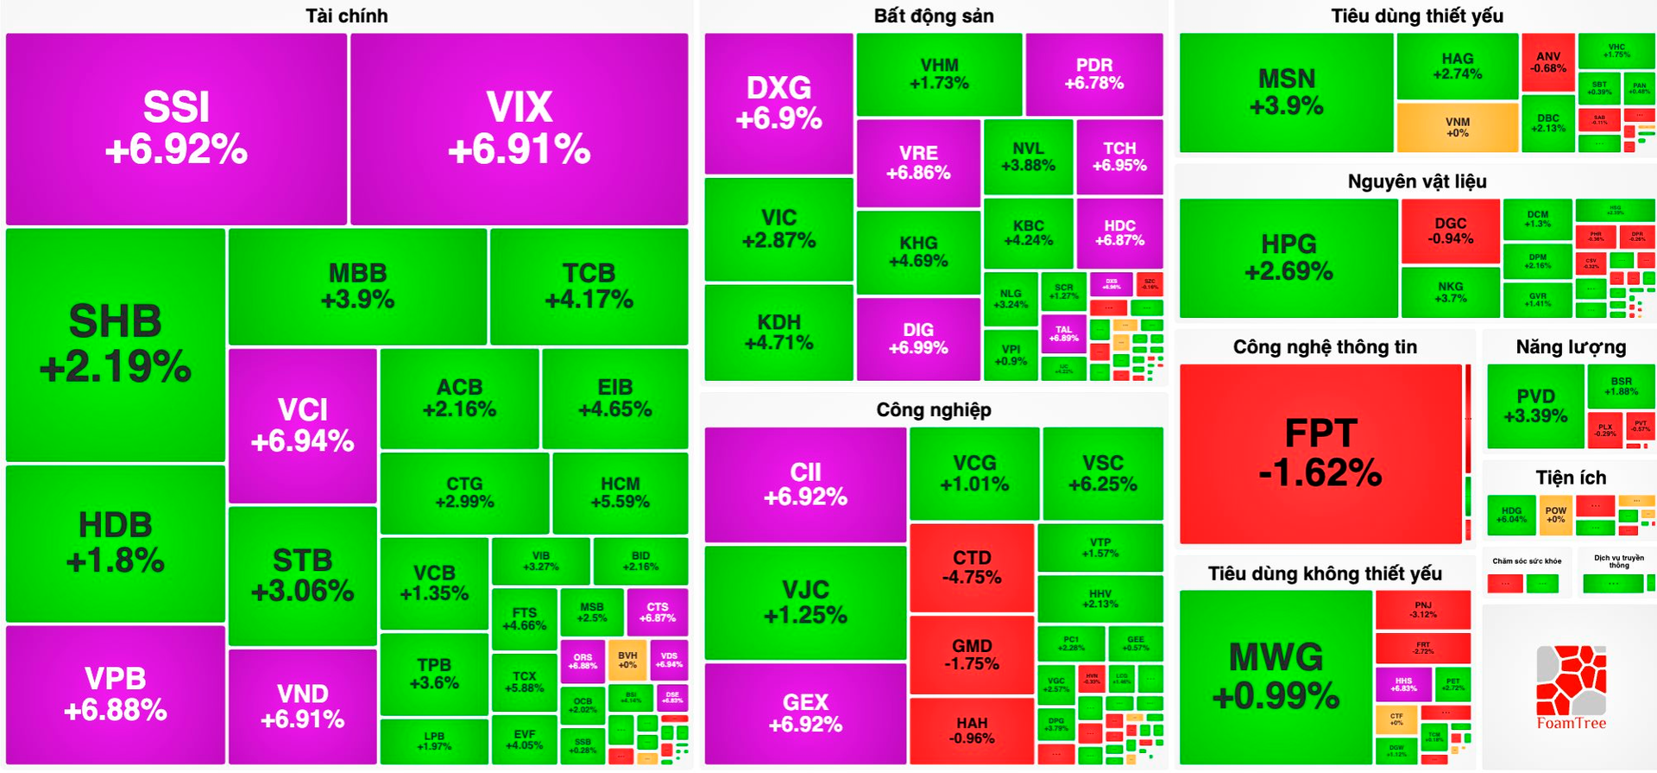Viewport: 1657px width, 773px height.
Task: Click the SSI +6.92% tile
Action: click(x=176, y=129)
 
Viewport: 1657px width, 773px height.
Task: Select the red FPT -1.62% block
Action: click(x=1320, y=453)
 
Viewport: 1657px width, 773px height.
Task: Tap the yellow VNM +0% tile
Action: click(x=1457, y=127)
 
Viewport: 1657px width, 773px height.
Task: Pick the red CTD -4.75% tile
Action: click(x=972, y=567)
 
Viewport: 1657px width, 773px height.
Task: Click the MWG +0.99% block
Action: click(x=1276, y=676)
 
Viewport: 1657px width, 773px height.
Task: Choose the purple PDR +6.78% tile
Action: click(x=1093, y=74)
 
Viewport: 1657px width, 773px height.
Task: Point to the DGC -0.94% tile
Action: click(x=1451, y=231)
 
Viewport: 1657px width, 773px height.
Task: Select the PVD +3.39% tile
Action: click(x=1535, y=406)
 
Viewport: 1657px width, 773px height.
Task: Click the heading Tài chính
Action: click(x=347, y=16)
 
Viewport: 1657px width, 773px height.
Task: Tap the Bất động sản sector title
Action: click(x=934, y=16)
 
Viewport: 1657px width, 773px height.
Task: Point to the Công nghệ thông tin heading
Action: click(x=1325, y=347)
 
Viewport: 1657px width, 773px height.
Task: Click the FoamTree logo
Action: click(x=1571, y=687)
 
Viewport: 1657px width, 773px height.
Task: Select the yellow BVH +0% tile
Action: click(x=627, y=660)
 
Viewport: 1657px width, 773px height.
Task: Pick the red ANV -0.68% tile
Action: click(x=1548, y=62)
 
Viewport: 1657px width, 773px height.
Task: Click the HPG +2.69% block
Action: click(x=1288, y=257)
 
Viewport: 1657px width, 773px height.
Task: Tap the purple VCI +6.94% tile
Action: click(x=302, y=425)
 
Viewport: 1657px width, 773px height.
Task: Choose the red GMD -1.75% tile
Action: click(x=972, y=655)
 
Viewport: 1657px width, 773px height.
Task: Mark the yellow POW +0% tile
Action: click(x=1555, y=515)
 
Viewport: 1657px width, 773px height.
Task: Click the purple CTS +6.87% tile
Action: click(x=658, y=612)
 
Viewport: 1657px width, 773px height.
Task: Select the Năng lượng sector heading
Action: click(x=1571, y=347)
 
